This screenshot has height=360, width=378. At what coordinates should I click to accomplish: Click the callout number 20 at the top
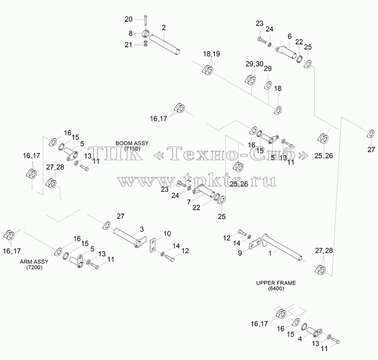point(129,19)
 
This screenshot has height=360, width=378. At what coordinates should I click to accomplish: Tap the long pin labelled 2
point(165,45)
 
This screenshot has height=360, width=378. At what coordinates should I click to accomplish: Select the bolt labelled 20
point(146,20)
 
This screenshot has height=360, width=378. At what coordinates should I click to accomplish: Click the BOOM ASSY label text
point(132,143)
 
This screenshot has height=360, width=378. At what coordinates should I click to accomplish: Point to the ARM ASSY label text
point(34,262)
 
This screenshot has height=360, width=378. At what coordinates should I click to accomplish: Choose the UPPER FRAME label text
point(276,283)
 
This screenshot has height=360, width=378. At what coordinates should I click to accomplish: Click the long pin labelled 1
point(282,248)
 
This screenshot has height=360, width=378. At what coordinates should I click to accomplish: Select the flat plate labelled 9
point(255,243)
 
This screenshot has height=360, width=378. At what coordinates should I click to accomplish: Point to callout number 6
point(290,36)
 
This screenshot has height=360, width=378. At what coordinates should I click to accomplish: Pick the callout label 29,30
point(254,64)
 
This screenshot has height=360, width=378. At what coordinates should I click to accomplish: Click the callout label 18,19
point(211,54)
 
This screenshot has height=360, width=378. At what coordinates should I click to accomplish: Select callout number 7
point(189,202)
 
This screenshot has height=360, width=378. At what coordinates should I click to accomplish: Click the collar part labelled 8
point(146,34)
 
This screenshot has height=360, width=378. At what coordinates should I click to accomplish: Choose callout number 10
point(167,233)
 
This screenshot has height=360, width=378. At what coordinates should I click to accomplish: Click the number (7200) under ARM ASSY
point(34,267)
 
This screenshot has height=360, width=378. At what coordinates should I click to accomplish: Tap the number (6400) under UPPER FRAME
point(276,289)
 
